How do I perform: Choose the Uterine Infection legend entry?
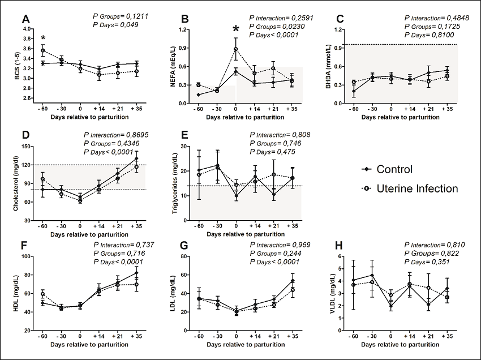(x=409, y=188)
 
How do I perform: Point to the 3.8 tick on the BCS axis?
(x=28, y=38)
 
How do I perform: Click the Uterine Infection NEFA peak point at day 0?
(x=235, y=49)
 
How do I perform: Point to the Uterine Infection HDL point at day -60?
(x=43, y=294)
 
